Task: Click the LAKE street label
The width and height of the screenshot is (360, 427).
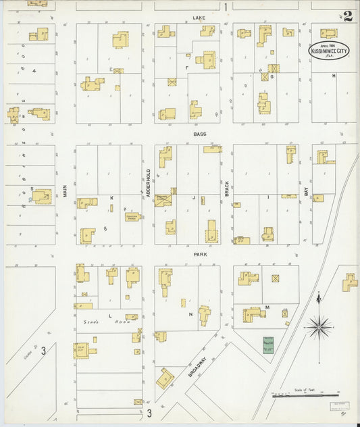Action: tap(199, 17)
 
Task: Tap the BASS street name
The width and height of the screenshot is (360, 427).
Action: tap(199, 134)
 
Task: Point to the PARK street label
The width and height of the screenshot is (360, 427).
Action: tap(199, 255)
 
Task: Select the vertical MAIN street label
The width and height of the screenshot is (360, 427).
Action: tap(66, 191)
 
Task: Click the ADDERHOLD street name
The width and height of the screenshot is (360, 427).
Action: tap(148, 183)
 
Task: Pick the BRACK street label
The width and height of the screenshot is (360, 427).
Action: tap(227, 189)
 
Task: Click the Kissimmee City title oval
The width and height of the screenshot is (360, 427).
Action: tap(329, 51)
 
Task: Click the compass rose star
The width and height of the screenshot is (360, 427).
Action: tap(318, 327)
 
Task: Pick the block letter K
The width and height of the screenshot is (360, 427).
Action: tap(112, 198)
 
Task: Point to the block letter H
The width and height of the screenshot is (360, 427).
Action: tap(334, 76)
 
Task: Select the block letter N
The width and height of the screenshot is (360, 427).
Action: tap(191, 314)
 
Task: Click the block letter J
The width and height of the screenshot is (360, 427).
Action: tap(193, 198)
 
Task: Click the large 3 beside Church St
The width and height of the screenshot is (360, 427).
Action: tap(43, 350)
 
